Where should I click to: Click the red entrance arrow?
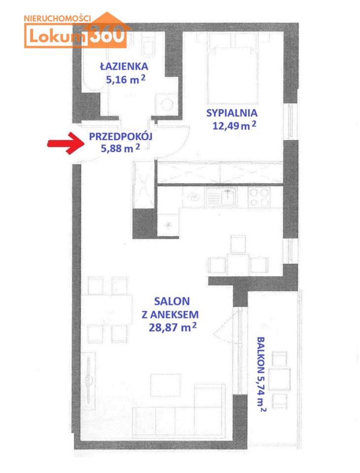[x=66, y=143]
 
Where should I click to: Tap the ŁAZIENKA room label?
[x=124, y=67]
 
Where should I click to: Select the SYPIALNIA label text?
[x=232, y=113]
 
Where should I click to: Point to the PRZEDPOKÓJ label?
[x=120, y=136]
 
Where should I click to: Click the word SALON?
[x=172, y=301]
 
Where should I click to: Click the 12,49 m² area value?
[x=234, y=125]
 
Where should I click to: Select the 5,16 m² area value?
[x=126, y=79]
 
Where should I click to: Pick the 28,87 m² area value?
[x=173, y=327]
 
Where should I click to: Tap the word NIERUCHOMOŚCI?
[x=57, y=18]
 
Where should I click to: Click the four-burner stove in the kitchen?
[x=259, y=197]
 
